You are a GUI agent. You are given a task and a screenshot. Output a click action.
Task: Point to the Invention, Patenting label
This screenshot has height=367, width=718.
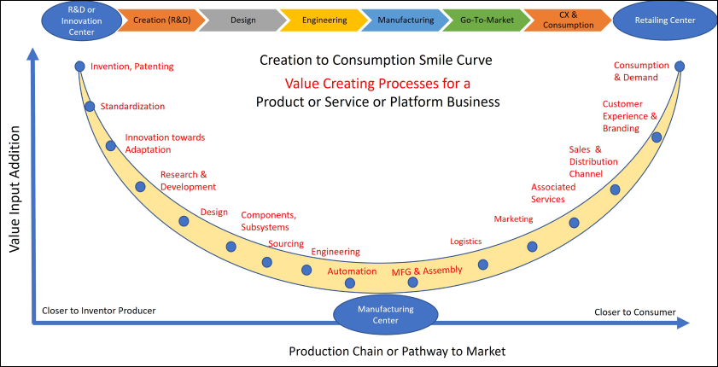coord(131,66)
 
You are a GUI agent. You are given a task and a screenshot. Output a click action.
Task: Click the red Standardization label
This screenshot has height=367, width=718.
coord(132,107)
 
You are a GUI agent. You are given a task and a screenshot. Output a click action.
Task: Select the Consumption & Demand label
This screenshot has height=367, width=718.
coord(636,71)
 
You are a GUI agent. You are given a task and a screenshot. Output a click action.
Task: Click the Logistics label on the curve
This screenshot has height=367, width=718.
coord(466,242)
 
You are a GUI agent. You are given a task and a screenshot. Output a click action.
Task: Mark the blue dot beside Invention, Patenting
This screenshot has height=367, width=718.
coord(79,66)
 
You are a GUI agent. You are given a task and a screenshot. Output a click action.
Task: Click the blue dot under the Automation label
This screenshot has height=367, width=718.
coord(349,283)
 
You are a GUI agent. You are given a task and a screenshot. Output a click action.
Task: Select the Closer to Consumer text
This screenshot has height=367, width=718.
coord(634,312)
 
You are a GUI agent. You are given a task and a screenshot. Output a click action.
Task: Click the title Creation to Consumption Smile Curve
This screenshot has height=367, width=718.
coord(377,61)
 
